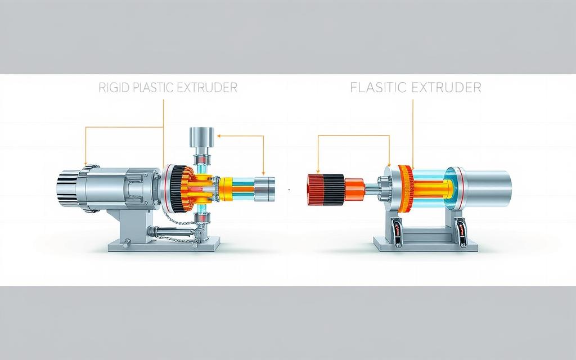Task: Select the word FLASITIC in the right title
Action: (378, 87)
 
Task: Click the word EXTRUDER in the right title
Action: (446, 87)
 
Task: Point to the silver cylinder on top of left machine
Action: (201, 137)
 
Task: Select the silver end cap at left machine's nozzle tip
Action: (264, 189)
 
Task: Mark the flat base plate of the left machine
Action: (164, 245)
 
